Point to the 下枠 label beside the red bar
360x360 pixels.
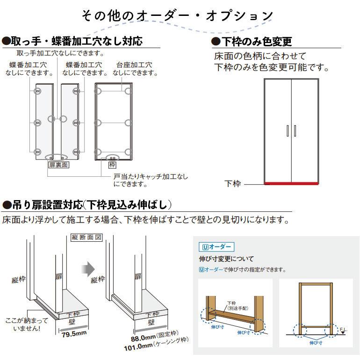(232, 183)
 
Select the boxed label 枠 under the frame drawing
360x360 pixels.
(112, 165)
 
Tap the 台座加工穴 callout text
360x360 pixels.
(134, 65)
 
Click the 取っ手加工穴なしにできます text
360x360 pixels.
(60, 53)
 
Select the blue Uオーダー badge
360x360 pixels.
(216, 247)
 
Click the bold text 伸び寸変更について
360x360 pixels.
(226, 259)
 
